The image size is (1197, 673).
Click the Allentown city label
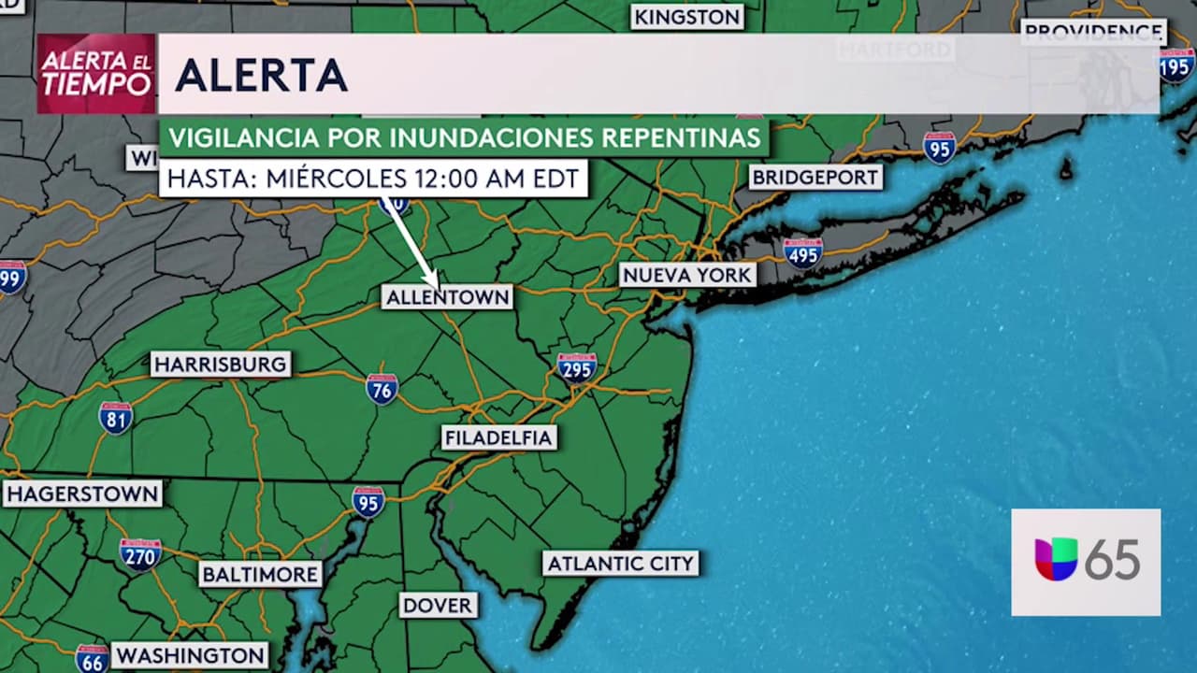448,297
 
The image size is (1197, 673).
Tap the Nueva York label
687,275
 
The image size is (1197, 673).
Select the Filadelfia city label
498,437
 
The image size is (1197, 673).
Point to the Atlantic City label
621,563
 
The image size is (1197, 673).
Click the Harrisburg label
221,364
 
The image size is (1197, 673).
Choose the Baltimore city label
260,574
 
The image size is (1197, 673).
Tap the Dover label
438,605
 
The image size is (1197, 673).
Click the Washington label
190,655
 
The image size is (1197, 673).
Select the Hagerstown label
82,494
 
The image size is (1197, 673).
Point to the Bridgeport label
815,177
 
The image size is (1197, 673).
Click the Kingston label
687,17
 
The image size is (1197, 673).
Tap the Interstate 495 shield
802,252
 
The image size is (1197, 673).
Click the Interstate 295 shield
577,367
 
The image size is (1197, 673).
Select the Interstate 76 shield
382,388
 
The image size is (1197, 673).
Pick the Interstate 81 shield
116,417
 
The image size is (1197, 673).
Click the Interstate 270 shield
140,554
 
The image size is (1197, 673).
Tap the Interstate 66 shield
92,658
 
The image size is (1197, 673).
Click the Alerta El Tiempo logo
95,74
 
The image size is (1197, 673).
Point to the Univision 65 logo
1086,562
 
